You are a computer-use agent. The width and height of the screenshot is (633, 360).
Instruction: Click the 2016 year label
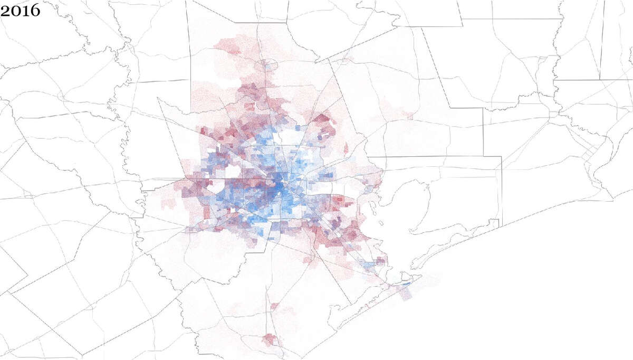20,10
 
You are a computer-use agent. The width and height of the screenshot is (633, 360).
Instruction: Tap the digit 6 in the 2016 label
35,10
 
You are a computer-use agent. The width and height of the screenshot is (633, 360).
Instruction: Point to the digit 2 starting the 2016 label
5,10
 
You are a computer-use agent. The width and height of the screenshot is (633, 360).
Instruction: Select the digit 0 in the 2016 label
15,10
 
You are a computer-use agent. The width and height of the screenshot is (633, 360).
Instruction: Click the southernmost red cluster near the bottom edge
271,339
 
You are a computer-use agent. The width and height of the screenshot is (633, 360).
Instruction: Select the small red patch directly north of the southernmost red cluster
274,306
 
